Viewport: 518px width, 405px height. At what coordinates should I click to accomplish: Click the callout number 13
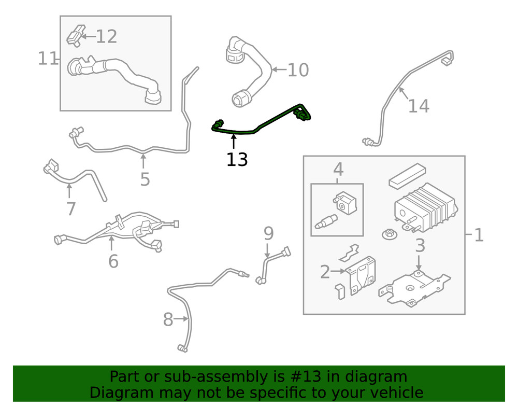(x=237, y=160)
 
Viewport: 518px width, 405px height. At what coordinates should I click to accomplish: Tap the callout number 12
(x=106, y=37)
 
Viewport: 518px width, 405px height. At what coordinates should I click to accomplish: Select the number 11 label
(x=48, y=59)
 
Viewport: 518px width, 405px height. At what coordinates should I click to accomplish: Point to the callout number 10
(x=298, y=70)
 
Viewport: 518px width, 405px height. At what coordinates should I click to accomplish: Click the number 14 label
(x=418, y=106)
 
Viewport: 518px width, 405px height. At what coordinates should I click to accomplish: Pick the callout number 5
(x=145, y=179)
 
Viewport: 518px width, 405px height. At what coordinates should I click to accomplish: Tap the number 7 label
(x=71, y=209)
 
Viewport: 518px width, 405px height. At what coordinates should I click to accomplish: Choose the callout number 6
(x=113, y=261)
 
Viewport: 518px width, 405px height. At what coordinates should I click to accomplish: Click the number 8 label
(x=168, y=320)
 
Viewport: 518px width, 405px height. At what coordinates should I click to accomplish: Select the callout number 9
(x=268, y=233)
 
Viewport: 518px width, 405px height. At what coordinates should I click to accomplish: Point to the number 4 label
(x=338, y=169)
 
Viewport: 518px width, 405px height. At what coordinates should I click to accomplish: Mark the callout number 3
(x=420, y=245)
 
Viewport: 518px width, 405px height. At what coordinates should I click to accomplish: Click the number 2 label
(x=325, y=271)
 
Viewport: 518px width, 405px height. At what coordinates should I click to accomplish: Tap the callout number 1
(x=479, y=235)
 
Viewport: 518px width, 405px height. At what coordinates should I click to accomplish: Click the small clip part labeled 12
(x=75, y=35)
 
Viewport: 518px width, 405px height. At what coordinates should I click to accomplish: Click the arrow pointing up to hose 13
(x=234, y=142)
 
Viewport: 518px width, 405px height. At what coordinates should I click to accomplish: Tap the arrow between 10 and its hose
(x=279, y=69)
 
